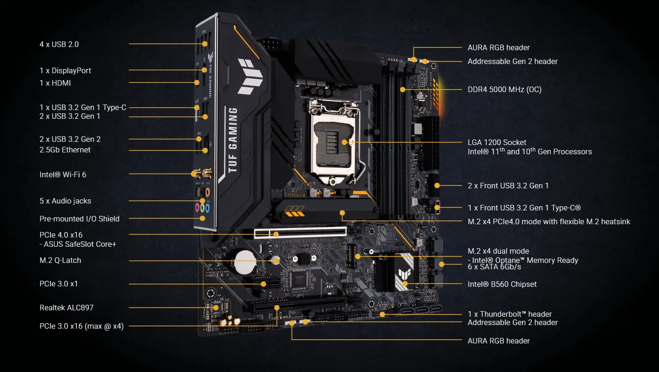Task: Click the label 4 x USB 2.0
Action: coord(59,44)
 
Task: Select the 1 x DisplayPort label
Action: coord(65,70)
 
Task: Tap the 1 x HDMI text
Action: coord(55,83)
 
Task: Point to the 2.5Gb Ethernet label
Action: coord(65,150)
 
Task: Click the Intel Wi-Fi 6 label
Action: coord(63,174)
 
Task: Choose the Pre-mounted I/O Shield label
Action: coord(79,219)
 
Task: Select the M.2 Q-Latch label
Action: coord(60,260)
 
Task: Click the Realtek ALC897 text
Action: coord(66,307)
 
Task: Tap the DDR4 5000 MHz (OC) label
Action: coord(504,89)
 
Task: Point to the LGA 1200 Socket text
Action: coord(497,142)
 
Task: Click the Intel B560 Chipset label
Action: coord(502,284)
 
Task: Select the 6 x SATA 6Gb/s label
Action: coord(494,267)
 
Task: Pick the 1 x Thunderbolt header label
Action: coord(509,314)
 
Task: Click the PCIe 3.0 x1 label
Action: coord(58,284)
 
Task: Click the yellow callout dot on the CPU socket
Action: coord(344,142)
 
